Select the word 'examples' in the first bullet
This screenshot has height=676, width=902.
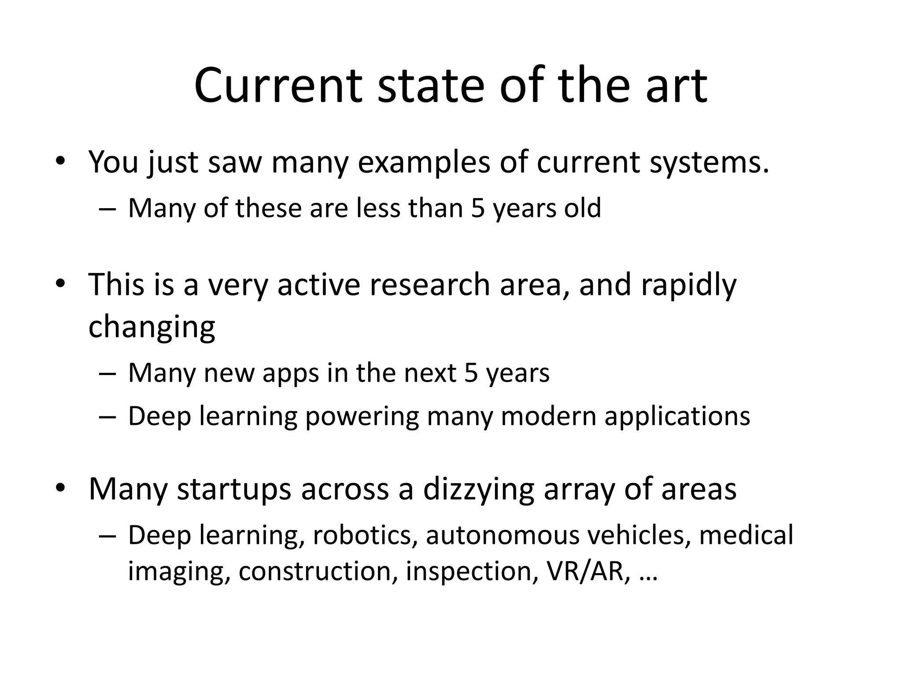click(424, 162)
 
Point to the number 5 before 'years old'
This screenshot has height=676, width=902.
click(477, 208)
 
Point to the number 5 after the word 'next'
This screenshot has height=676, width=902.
click(471, 373)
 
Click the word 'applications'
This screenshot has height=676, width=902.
click(677, 416)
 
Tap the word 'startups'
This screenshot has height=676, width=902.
click(234, 490)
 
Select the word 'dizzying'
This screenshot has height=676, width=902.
click(478, 490)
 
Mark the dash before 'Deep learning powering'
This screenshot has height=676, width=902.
click(107, 416)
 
